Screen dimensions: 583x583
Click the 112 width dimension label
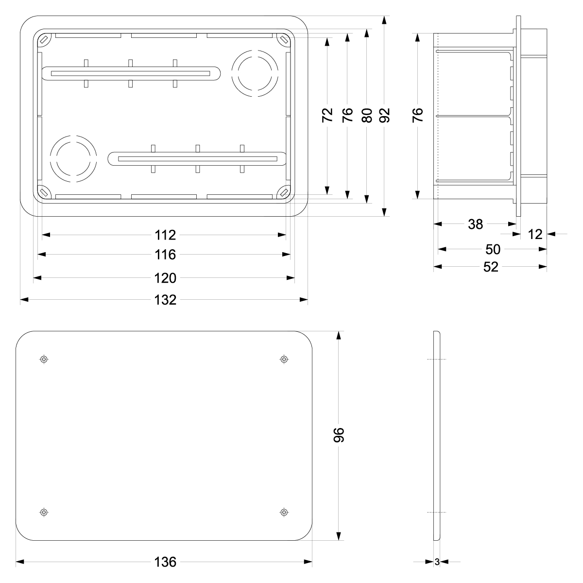(x=165, y=235)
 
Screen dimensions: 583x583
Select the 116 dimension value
(x=165, y=255)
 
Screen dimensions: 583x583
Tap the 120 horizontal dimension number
(x=165, y=278)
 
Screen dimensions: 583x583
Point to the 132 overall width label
(x=165, y=300)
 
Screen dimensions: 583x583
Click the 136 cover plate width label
(x=165, y=562)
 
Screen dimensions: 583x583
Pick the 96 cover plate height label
(x=339, y=435)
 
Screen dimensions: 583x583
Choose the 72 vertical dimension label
(x=327, y=115)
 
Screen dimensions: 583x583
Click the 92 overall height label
(x=384, y=115)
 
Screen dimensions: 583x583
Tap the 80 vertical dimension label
(x=367, y=115)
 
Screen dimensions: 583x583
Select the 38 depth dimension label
(x=475, y=224)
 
